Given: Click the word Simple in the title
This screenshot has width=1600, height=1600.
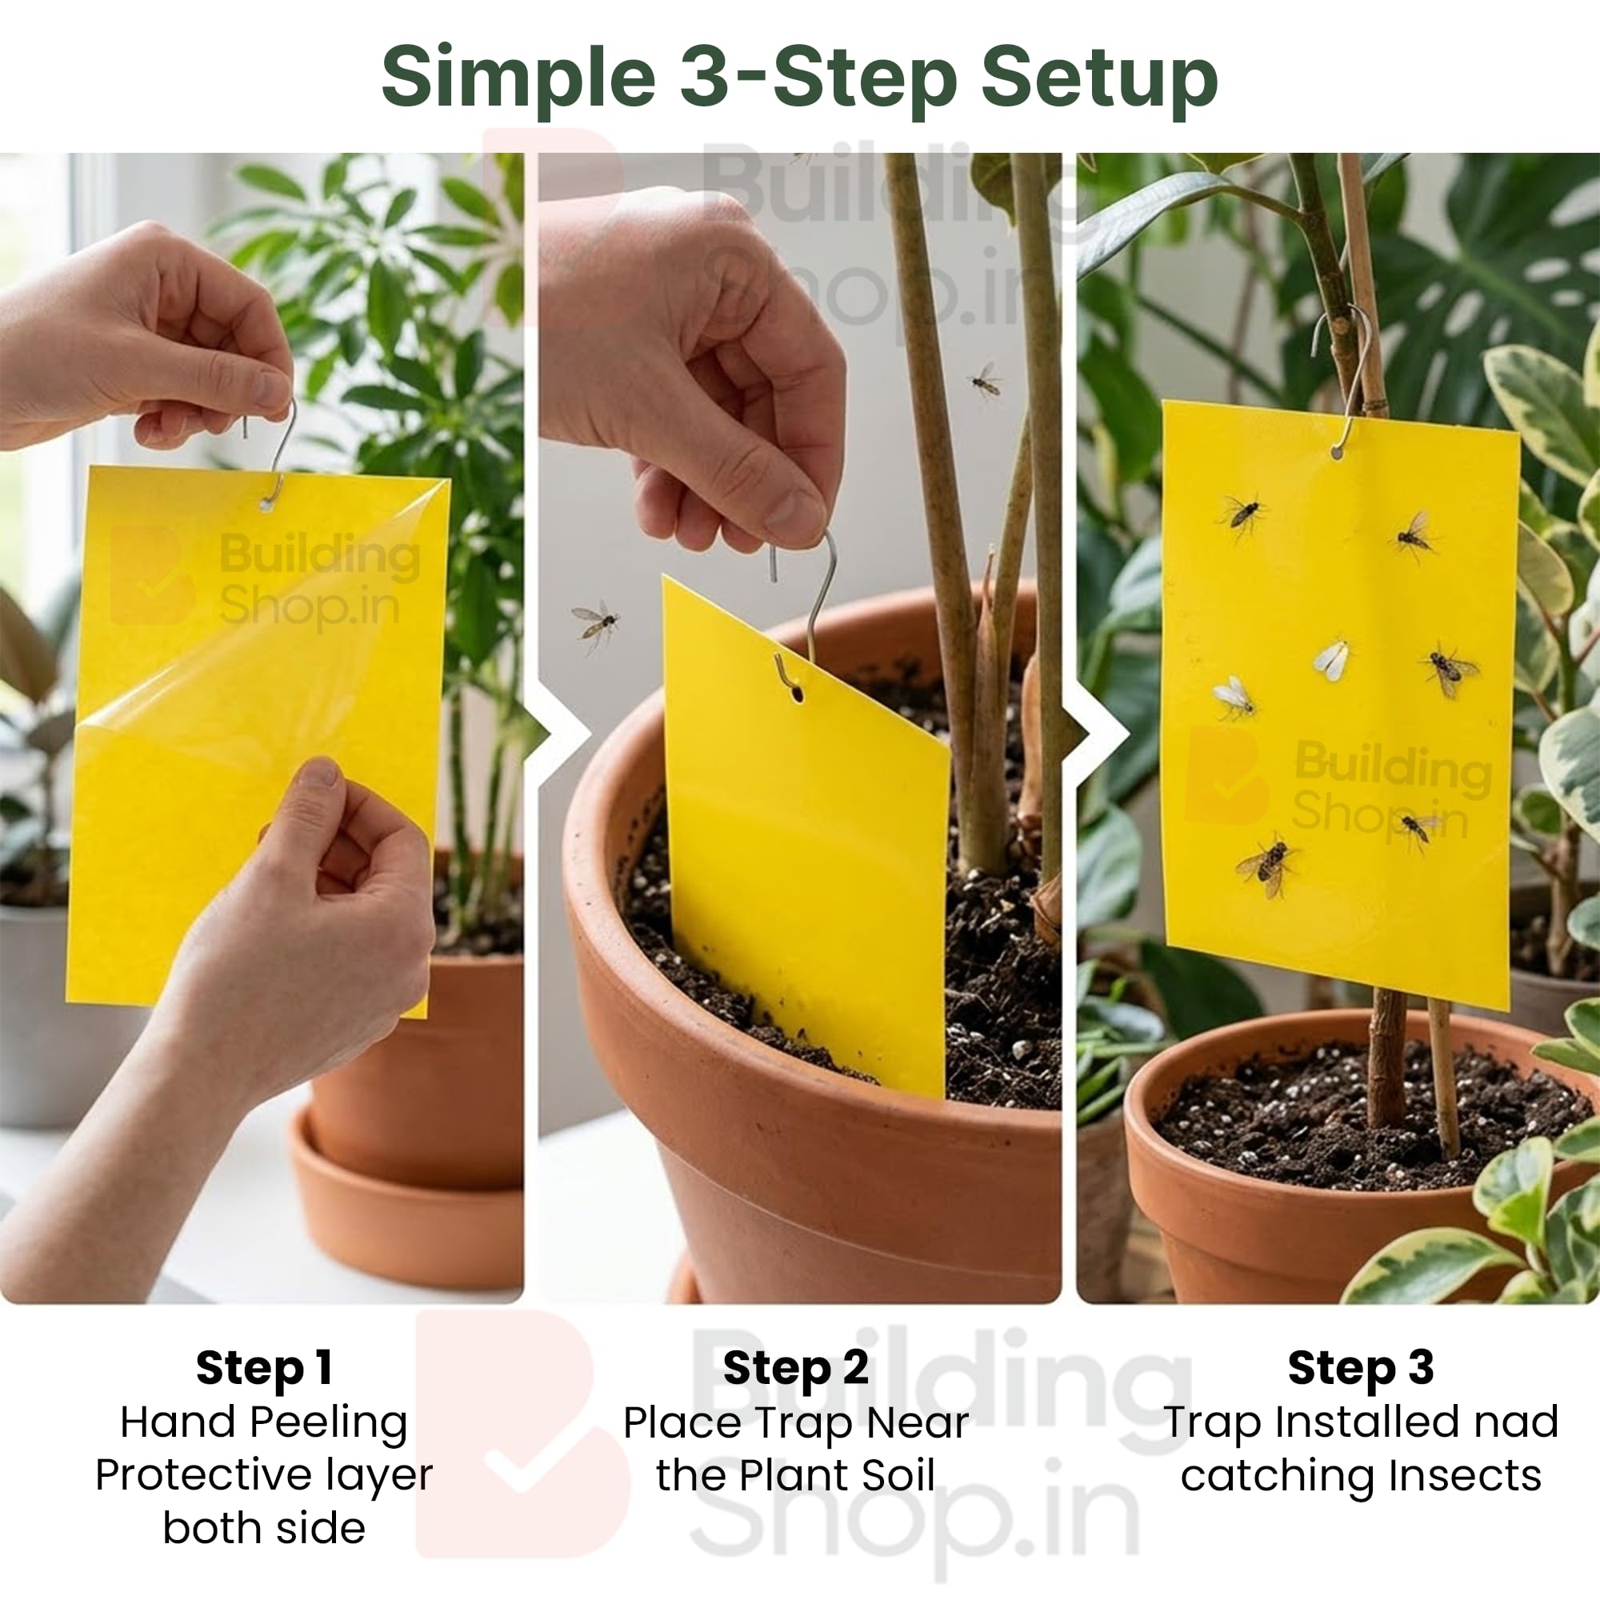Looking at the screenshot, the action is tap(518, 79).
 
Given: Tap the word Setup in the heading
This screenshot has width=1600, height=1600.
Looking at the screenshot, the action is tap(1099, 79).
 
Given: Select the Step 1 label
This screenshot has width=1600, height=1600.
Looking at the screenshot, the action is tap(264, 1367).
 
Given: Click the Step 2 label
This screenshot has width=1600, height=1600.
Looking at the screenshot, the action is tap(796, 1367).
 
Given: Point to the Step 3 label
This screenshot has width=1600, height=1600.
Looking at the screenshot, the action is tap(1361, 1367).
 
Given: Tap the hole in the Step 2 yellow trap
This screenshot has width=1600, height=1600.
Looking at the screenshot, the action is tap(798, 692).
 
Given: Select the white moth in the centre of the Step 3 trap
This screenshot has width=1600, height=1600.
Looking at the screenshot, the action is tap(1332, 660).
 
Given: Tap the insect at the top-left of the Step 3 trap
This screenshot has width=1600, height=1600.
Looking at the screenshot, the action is tap(1242, 514).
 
